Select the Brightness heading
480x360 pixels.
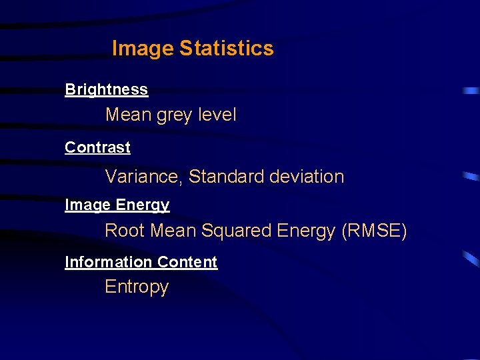coord(106,89)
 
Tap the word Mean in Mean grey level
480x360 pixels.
coord(129,115)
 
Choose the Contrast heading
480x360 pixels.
coord(97,147)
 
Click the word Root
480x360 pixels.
coord(125,231)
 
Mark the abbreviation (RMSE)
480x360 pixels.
coord(373,231)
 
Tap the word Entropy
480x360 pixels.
coord(137,287)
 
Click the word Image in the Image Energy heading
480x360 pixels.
coord(87,205)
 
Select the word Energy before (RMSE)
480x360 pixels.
coord(307,231)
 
